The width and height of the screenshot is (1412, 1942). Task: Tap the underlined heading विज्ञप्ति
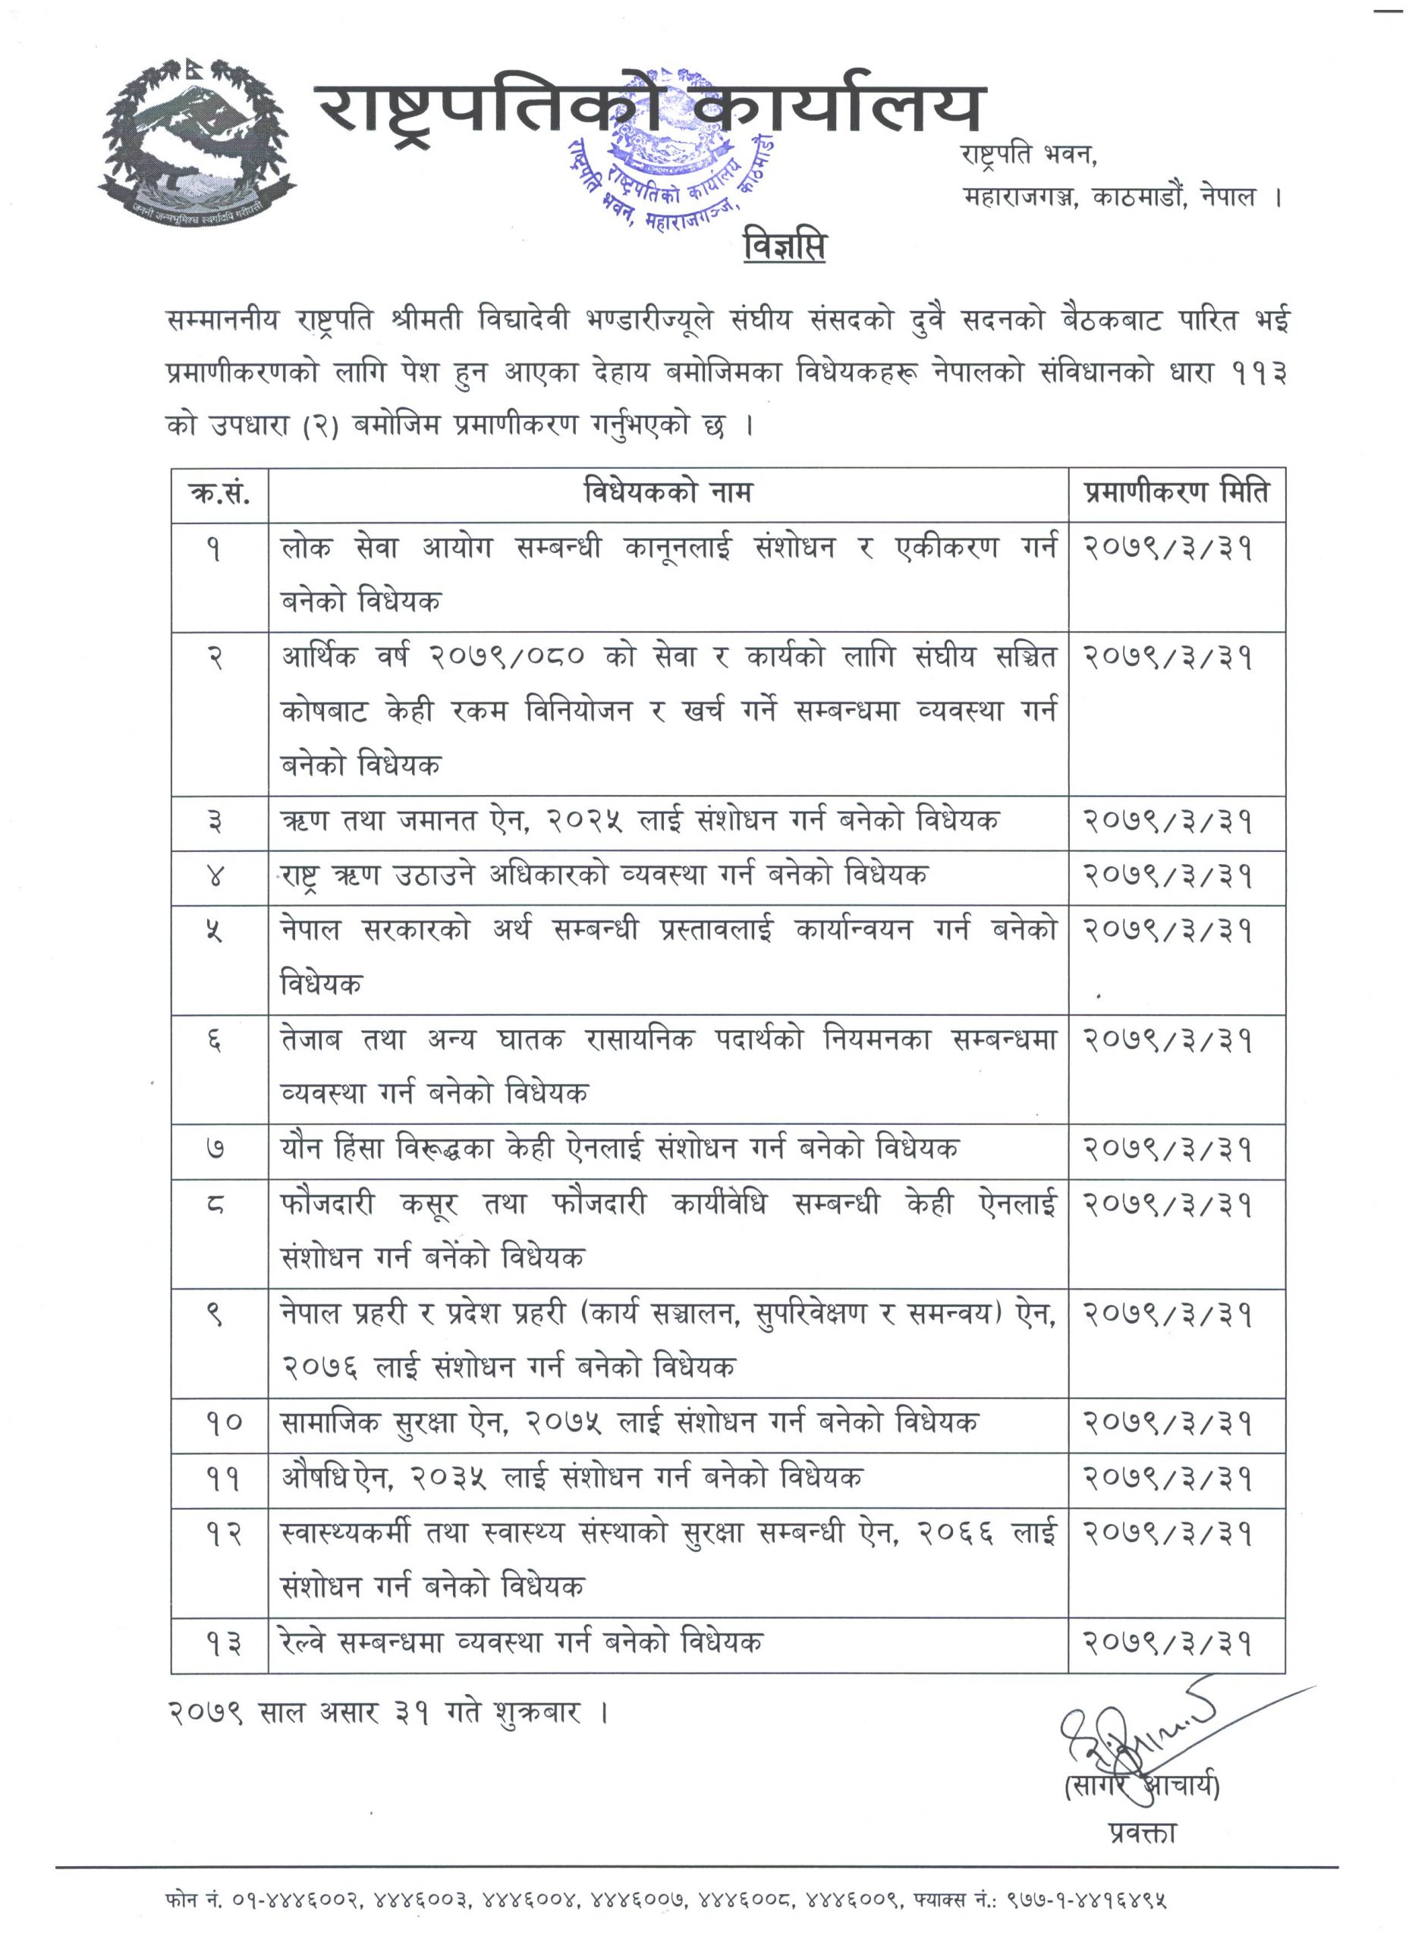tap(785, 247)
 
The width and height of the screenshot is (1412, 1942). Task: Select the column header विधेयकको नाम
tap(668, 493)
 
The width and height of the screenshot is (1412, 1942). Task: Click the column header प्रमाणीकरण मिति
tap(1176, 493)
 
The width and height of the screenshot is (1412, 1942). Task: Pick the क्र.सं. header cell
tap(219, 494)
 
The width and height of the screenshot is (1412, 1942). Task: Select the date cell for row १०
tap(1168, 1423)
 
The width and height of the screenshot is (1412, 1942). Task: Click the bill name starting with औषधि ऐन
tap(571, 1477)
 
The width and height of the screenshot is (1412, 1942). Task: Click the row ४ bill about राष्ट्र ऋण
tap(605, 875)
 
